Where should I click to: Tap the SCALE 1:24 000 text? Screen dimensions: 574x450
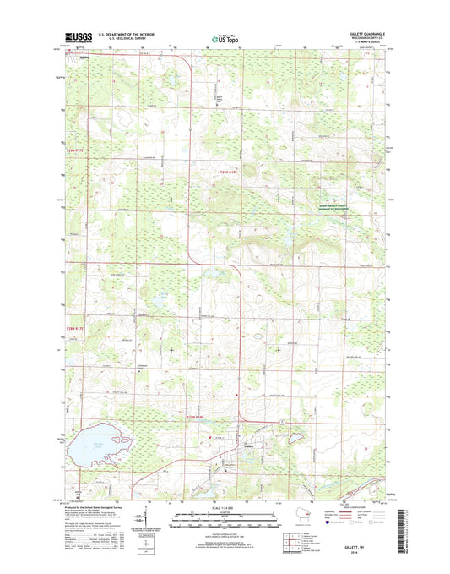[225, 507]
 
